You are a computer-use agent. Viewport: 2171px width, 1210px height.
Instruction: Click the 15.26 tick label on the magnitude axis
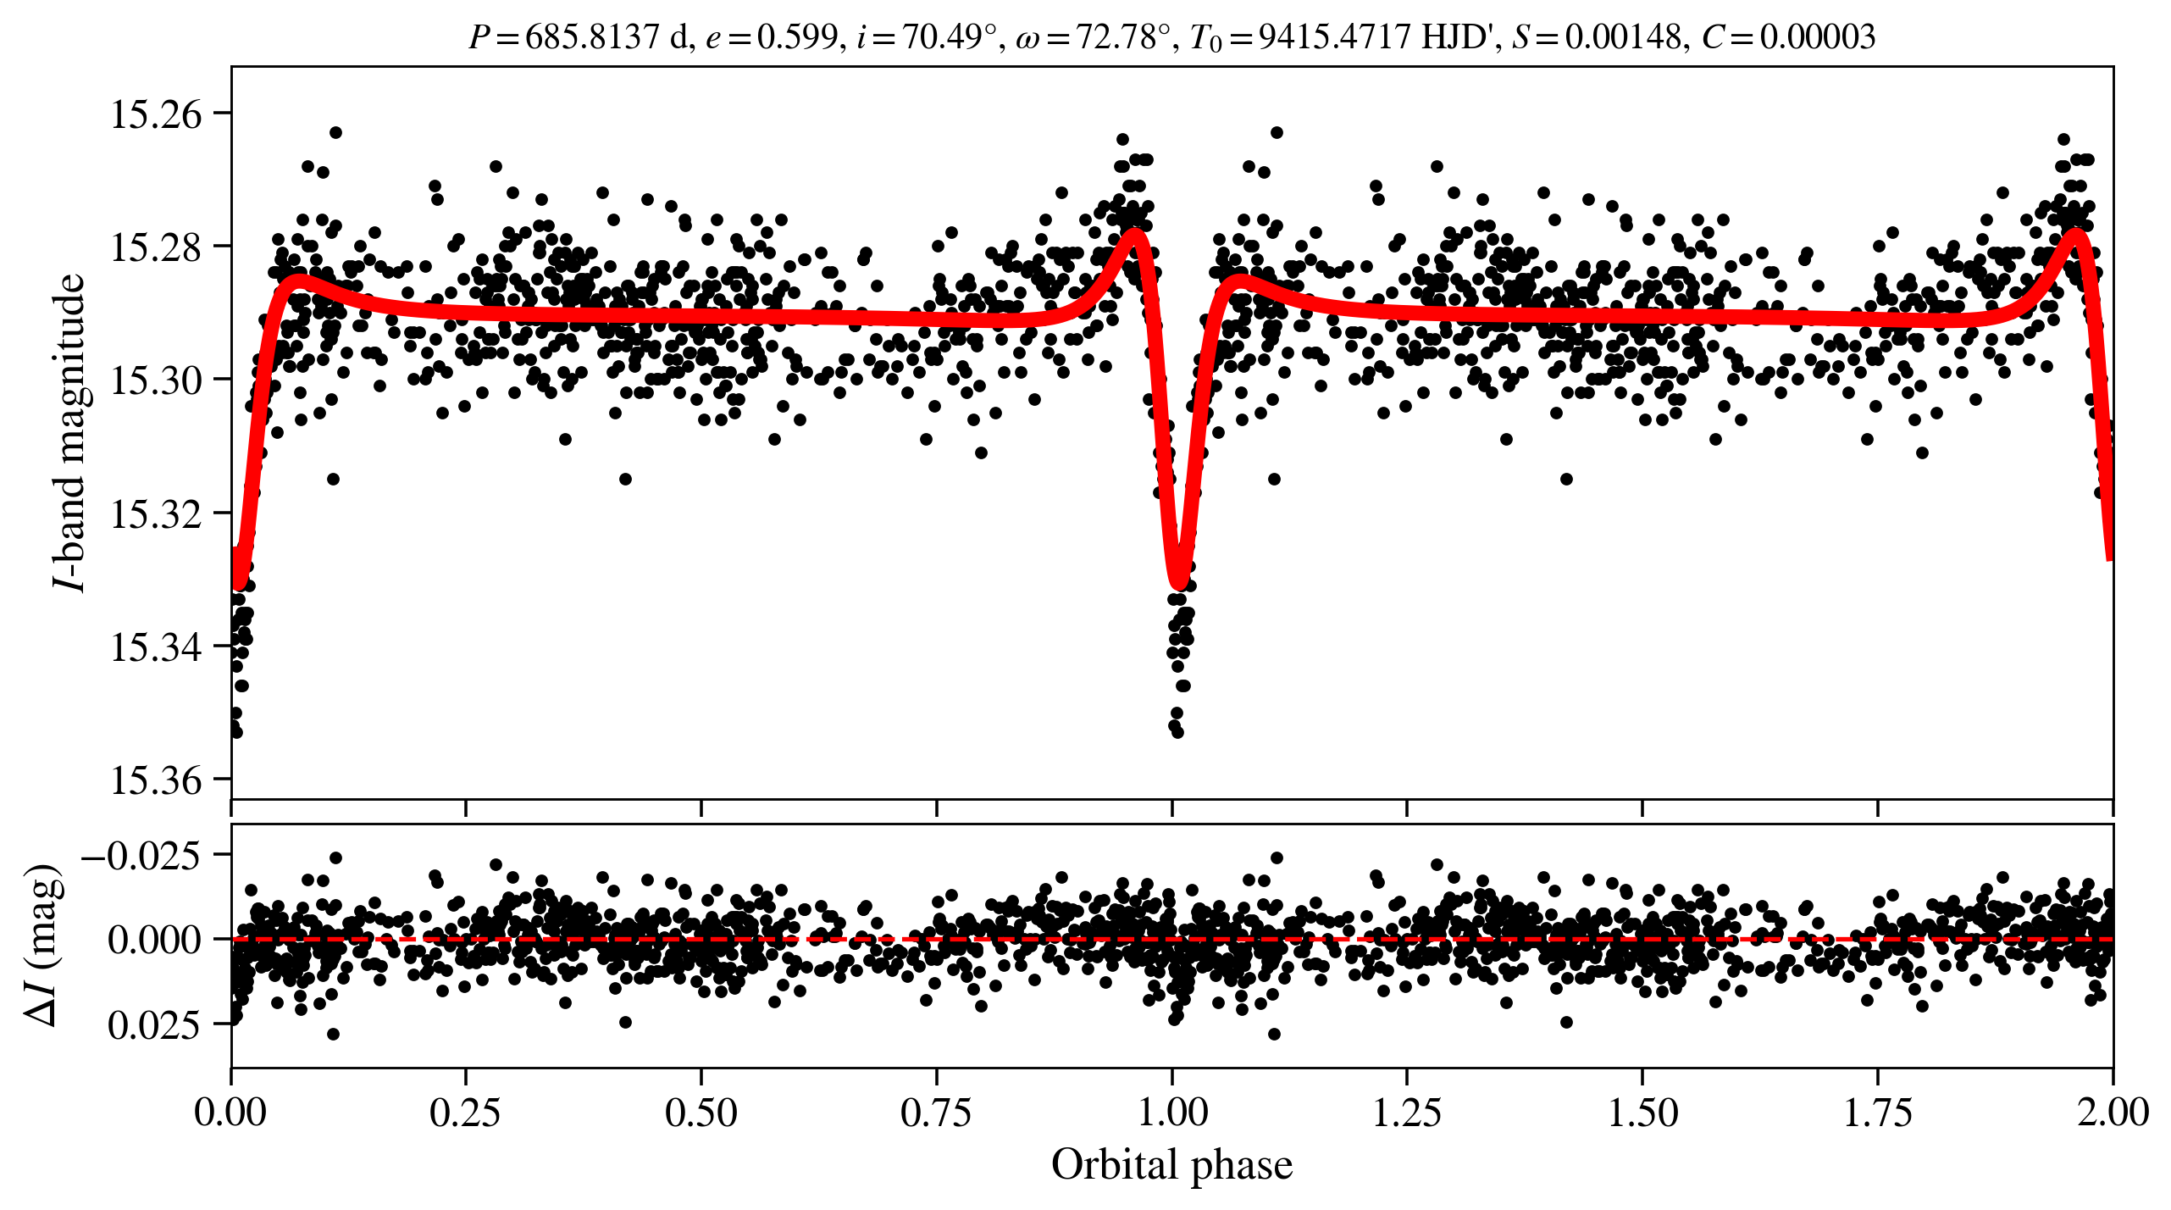(157, 114)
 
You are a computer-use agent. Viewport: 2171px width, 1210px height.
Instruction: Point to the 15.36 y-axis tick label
(157, 780)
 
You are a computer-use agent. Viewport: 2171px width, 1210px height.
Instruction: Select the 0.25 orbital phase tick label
(465, 1112)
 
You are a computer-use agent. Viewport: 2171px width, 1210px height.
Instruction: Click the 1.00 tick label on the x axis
(1172, 1112)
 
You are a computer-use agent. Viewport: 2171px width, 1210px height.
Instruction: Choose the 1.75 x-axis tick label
(1878, 1112)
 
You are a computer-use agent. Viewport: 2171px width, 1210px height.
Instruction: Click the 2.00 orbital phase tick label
(2113, 1112)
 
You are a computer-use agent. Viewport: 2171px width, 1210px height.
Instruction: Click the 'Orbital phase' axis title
(1171, 1165)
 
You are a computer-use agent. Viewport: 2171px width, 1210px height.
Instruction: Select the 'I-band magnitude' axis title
(70, 432)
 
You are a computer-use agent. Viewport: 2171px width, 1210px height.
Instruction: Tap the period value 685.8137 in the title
(592, 37)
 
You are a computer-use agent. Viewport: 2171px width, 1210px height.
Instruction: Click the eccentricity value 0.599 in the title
(796, 37)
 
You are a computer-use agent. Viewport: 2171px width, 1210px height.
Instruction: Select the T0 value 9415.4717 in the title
(1334, 37)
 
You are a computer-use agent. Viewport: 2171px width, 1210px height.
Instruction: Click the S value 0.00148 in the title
(1622, 37)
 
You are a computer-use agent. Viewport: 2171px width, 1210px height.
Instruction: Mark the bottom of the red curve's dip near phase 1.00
(1178, 583)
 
